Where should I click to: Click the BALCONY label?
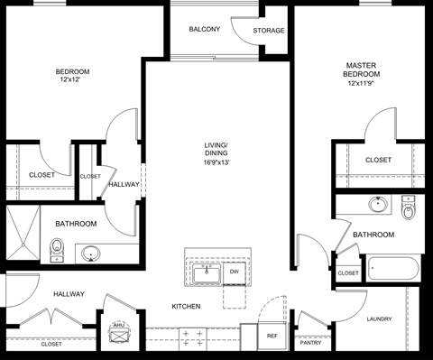205,30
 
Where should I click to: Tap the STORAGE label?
269,31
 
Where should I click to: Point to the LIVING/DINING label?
216,149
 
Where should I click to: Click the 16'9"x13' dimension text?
216,163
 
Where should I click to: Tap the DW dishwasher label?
234,271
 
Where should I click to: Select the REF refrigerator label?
272,336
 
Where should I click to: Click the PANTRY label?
310,343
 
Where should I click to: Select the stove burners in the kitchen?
192,338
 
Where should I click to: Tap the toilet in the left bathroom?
58,248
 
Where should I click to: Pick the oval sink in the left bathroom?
91,254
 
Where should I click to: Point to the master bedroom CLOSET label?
379,160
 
